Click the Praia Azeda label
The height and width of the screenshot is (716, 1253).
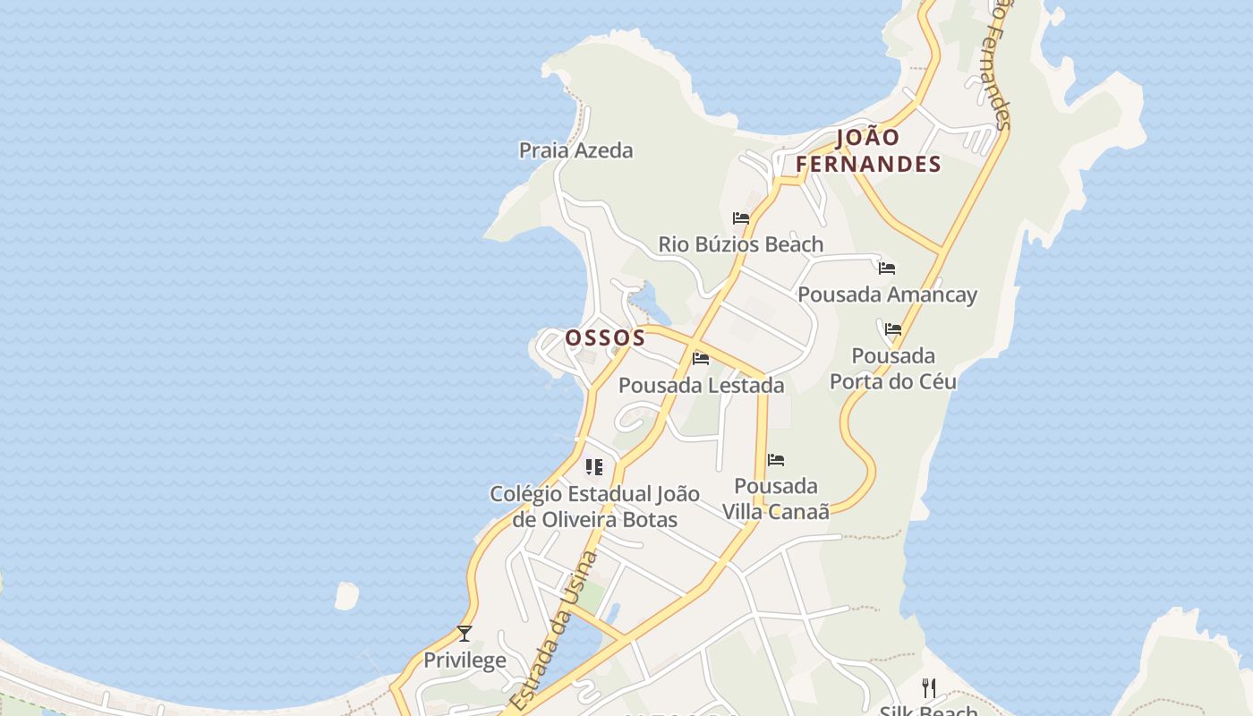coord(575,150)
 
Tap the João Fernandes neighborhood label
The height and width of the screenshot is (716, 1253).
coord(868,150)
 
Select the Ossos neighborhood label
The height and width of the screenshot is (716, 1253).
coord(605,337)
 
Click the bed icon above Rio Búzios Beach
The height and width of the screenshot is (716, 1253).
coord(740,217)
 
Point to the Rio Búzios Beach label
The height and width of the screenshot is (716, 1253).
coord(740,244)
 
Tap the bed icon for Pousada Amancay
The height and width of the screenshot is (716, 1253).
coord(887,268)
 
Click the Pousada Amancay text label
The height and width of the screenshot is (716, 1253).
coord(887,294)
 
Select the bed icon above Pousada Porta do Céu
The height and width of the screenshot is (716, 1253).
coord(892,328)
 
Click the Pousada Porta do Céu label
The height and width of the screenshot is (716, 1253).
coord(892,369)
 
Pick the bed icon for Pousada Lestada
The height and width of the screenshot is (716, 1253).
coord(701,359)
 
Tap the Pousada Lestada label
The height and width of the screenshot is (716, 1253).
coord(701,386)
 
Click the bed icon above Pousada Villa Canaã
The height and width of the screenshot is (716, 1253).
coord(776,460)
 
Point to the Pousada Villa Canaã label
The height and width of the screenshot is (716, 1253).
coord(776,499)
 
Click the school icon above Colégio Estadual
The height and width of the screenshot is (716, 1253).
coord(594,467)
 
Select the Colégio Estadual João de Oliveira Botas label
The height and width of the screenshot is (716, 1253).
coord(594,507)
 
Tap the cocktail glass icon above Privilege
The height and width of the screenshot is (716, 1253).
coord(465,634)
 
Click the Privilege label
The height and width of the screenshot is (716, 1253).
coord(465,661)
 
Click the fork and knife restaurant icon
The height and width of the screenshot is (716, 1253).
coord(929,687)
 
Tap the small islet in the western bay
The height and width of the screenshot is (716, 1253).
coord(346,595)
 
